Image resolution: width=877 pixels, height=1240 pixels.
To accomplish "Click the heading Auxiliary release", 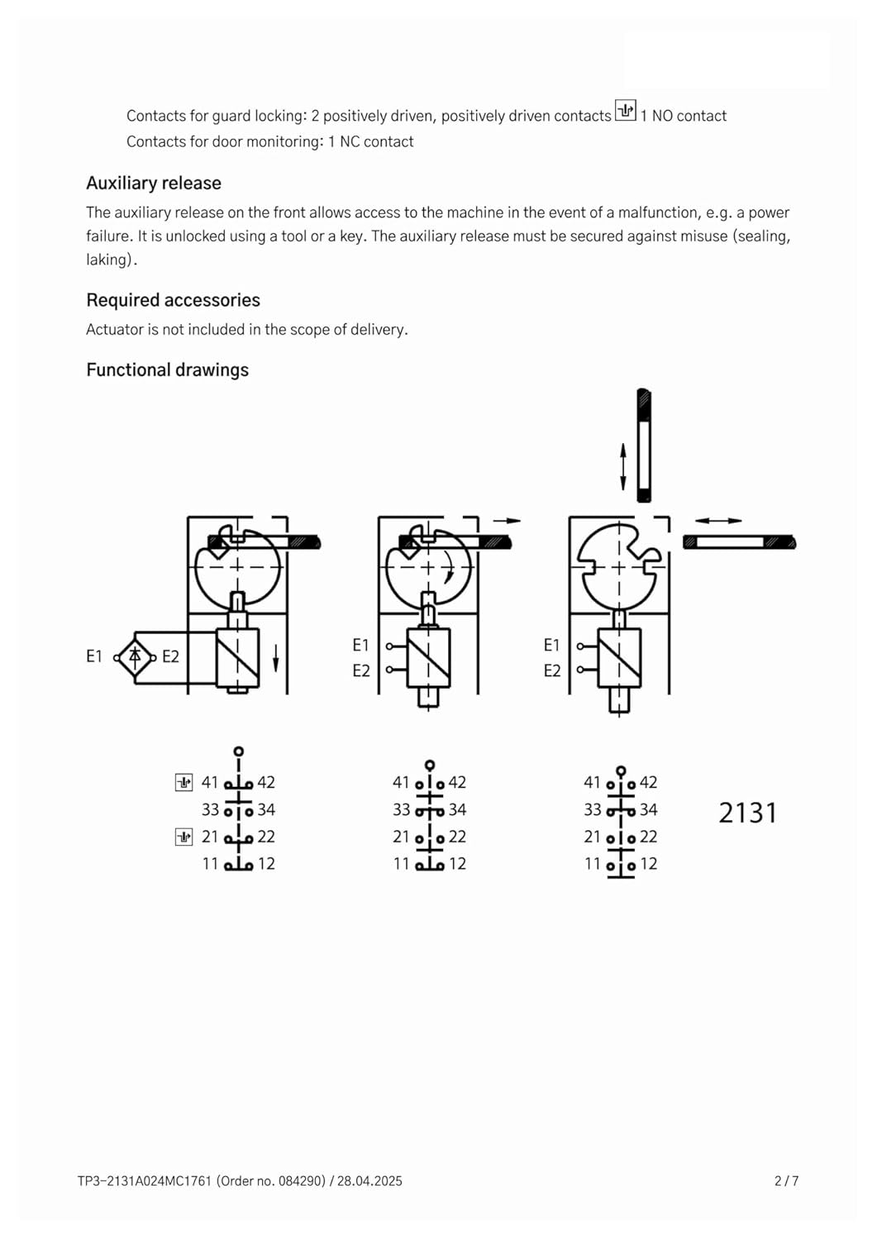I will pos(154,184).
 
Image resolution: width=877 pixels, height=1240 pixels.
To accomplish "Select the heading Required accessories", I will pos(173,300).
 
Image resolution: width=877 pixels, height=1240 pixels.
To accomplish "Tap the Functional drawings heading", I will pos(167,370).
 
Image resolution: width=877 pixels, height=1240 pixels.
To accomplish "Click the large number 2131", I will pos(747,813).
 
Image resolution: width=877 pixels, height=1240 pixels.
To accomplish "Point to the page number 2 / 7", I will pos(786,1181).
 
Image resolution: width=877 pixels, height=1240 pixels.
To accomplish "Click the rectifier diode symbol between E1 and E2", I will pos(135,657).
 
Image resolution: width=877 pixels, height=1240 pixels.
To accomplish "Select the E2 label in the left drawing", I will pos(170,657).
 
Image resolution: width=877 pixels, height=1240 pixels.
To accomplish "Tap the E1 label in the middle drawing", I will pos(360,645).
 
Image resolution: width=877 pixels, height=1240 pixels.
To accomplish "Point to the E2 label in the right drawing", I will pos(551,670).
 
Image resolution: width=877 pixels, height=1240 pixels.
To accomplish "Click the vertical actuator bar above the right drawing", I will pos(644,446).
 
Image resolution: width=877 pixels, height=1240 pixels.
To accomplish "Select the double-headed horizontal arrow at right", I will pos(717,521).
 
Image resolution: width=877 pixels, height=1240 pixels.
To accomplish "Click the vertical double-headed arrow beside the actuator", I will pos(623,466).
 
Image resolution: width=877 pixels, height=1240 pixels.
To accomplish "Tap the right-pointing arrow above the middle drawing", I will pos(507,521).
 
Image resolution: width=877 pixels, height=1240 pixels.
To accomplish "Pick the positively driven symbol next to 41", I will pos(184,782).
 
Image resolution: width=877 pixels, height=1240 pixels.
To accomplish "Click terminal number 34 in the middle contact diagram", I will pos(457,809).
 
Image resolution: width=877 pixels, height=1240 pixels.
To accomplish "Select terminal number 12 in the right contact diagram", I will pos(649,864).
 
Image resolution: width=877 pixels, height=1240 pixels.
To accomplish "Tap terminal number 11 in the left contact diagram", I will pos(210,864).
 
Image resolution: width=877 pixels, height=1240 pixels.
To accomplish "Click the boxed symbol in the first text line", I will pos(626,110).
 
